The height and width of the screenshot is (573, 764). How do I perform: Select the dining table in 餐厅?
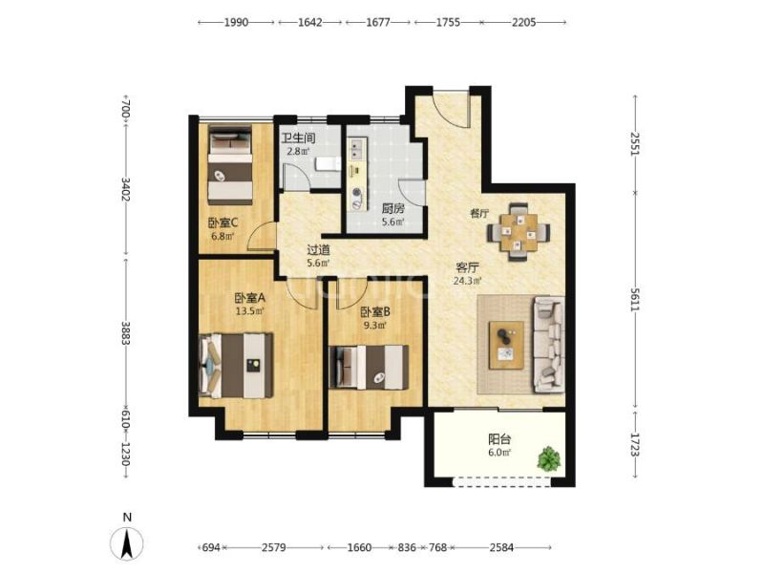[x=519, y=232]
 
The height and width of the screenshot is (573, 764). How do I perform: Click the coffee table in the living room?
[x=507, y=345]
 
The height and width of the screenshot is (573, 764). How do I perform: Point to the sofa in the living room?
[x=548, y=345]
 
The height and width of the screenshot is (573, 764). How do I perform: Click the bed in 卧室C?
[x=230, y=164]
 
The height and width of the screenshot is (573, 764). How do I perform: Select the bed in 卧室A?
[x=236, y=365]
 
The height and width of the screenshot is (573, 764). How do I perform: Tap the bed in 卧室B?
[x=369, y=367]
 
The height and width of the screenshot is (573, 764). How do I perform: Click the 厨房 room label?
[x=393, y=209]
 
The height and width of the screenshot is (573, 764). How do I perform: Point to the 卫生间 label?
[x=298, y=138]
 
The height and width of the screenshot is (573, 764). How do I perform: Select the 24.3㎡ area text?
[x=467, y=281]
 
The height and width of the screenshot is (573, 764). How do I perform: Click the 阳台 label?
[x=499, y=439]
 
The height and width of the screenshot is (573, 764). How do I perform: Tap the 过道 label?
[x=318, y=250]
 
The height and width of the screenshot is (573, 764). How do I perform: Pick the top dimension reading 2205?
[x=523, y=22]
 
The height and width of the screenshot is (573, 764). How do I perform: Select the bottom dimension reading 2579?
[x=273, y=547]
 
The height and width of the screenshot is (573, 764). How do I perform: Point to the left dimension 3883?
[x=126, y=332]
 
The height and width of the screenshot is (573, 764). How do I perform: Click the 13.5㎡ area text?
[x=249, y=310]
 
